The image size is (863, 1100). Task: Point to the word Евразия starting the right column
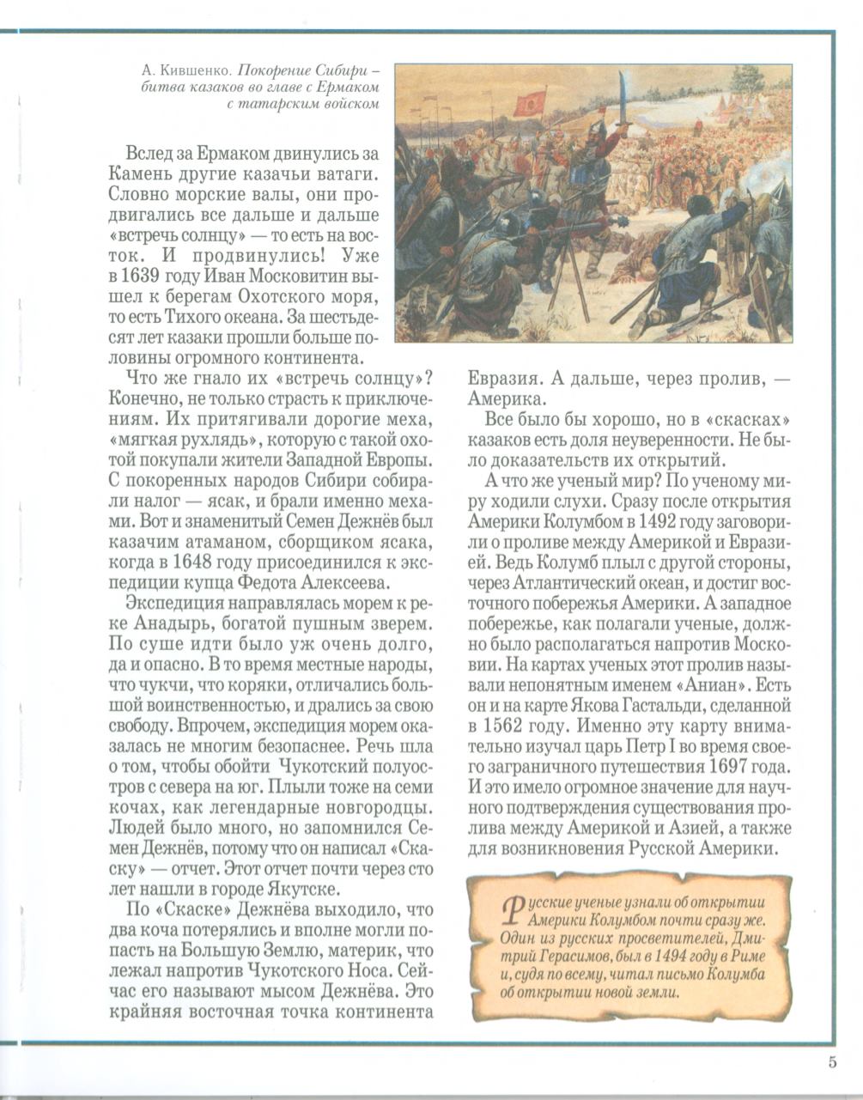click(x=504, y=379)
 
